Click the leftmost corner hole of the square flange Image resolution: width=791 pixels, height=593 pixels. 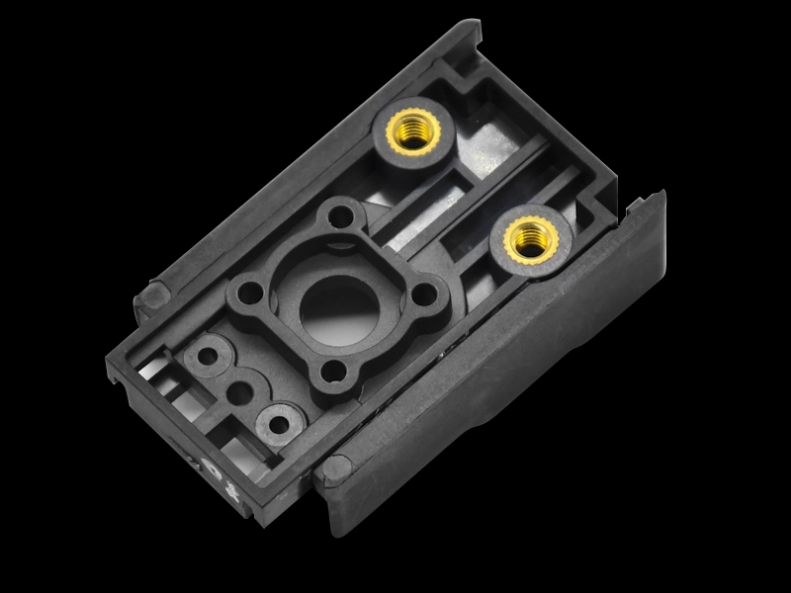246,293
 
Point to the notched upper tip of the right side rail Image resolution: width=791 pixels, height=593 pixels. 643,203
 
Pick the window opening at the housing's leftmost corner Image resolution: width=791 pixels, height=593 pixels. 148,367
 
